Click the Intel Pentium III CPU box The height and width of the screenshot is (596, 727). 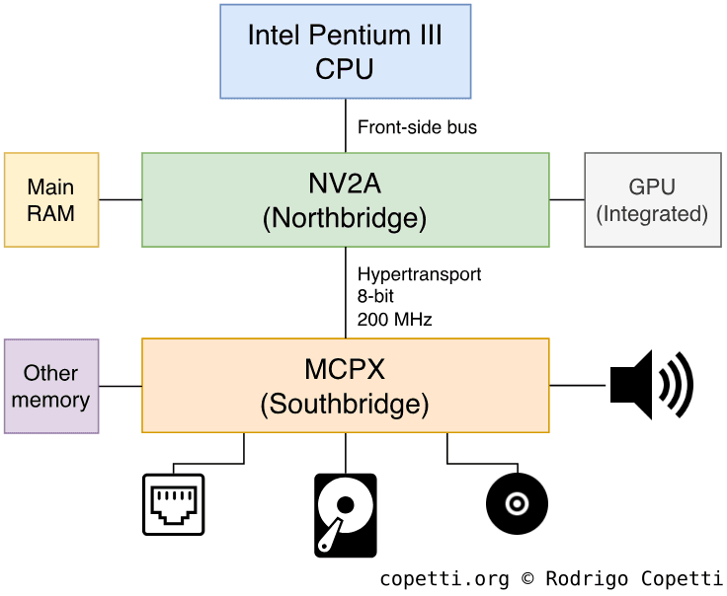pyautogui.click(x=345, y=51)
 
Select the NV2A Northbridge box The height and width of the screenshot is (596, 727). pyautogui.click(x=345, y=199)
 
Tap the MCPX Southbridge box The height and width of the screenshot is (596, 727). pyautogui.click(x=345, y=385)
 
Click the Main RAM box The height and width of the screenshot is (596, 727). pyautogui.click(x=51, y=199)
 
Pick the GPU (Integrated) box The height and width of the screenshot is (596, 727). pyautogui.click(x=652, y=199)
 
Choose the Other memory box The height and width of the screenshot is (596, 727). pyautogui.click(x=51, y=386)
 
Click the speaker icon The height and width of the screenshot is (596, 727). pyautogui.click(x=651, y=385)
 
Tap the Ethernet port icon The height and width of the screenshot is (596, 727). pyautogui.click(x=173, y=504)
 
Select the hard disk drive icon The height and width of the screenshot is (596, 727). pyautogui.click(x=345, y=515)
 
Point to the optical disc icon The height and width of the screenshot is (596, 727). pyautogui.click(x=517, y=504)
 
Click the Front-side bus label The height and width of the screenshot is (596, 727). pyautogui.click(x=417, y=127)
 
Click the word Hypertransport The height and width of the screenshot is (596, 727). pyautogui.click(x=419, y=274)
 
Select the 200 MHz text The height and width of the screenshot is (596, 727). pyautogui.click(x=394, y=320)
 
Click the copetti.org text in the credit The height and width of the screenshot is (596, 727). pyautogui.click(x=444, y=579)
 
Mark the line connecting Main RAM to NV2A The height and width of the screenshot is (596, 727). pyautogui.click(x=121, y=199)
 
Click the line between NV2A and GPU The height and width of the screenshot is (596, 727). pyautogui.click(x=567, y=199)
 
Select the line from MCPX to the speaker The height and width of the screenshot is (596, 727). pyautogui.click(x=577, y=385)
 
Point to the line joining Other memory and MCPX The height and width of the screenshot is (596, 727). pyautogui.click(x=121, y=386)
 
